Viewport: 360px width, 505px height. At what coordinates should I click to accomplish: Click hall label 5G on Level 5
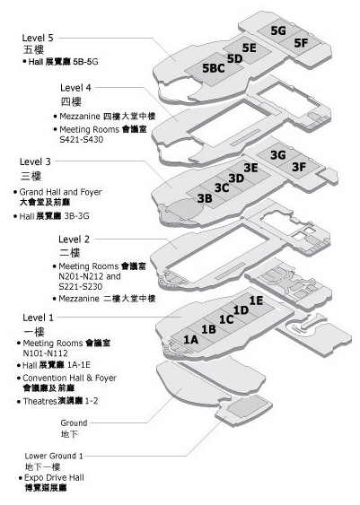[278, 30]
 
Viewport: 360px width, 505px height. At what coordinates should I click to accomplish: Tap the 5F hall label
[301, 42]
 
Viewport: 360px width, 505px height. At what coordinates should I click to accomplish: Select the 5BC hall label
[214, 68]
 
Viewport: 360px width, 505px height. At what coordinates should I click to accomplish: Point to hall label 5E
[250, 48]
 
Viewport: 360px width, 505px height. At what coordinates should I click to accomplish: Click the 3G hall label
[278, 155]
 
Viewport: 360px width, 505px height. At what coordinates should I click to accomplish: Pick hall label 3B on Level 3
[205, 198]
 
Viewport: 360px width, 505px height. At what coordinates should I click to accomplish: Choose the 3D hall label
[237, 178]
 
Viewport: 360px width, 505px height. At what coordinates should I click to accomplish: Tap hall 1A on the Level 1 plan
[191, 339]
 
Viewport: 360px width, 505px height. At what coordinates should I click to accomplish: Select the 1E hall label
[256, 300]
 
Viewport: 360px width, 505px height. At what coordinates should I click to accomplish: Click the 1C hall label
[226, 319]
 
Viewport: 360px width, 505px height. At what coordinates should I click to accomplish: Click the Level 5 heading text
[38, 38]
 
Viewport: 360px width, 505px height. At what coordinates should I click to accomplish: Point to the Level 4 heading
[75, 88]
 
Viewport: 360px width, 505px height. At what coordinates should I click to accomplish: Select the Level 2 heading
[74, 239]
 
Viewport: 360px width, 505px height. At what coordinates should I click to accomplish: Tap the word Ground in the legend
[74, 422]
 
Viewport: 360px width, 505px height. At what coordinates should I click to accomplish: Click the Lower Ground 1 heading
[54, 456]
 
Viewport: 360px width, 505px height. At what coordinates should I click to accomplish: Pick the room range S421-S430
[82, 140]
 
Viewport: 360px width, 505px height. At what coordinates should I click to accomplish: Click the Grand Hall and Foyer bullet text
[60, 192]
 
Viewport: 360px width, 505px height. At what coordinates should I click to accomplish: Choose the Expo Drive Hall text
[54, 477]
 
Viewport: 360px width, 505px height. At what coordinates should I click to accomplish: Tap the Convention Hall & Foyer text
[70, 378]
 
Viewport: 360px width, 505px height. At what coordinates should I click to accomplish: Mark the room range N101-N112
[46, 353]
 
